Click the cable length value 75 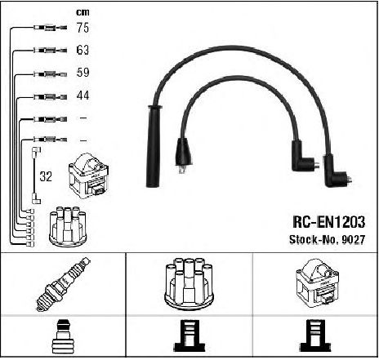pos(82,28)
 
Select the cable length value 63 pos(82,50)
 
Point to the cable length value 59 pos(82,73)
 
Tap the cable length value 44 pos(82,96)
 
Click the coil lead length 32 pos(46,176)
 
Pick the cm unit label pos(82,12)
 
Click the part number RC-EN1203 pos(329,222)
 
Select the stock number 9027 pos(354,240)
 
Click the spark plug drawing pos(63,284)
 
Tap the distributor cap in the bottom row pos(189,284)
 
